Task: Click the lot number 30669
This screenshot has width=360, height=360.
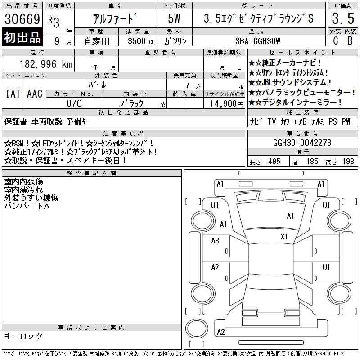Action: tap(22, 19)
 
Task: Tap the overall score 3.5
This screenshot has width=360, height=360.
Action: tap(343, 18)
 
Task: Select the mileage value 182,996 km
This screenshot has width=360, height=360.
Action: tap(46, 64)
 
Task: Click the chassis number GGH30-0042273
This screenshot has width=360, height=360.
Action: tap(302, 143)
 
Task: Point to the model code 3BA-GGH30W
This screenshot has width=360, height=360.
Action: tap(257, 41)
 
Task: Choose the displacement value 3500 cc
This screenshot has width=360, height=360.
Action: tap(141, 41)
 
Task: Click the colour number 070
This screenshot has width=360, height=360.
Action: tap(74, 103)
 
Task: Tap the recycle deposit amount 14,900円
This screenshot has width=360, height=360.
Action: tap(226, 104)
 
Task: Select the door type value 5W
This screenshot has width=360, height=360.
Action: tap(174, 18)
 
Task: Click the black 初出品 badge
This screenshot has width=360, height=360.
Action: tap(22, 37)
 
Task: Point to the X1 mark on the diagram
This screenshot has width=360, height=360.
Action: tap(284, 237)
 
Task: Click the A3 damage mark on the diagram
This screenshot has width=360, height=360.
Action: tap(215, 241)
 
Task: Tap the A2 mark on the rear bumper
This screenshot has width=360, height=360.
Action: tap(221, 332)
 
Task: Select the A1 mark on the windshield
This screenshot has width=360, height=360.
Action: tap(290, 216)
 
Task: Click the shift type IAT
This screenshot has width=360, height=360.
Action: tap(13, 94)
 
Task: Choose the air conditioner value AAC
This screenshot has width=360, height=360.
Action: tap(35, 94)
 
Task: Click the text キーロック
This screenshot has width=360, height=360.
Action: tap(23, 336)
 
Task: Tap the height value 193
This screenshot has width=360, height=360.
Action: tap(348, 162)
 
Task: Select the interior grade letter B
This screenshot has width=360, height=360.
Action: tap(350, 41)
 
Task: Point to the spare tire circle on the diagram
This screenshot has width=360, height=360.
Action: tap(197, 328)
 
